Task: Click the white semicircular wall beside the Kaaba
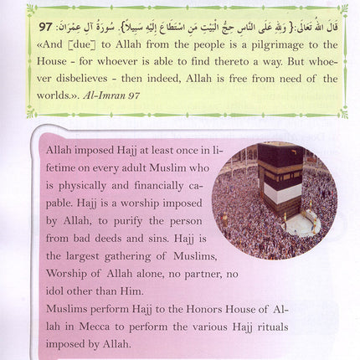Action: click(302, 225)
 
